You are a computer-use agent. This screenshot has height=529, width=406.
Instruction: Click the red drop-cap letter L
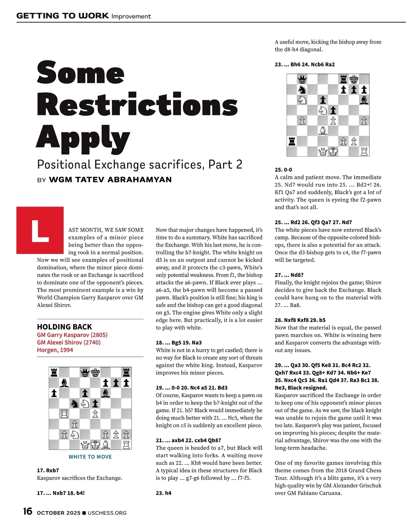point(40,230)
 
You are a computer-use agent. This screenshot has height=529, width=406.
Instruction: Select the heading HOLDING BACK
point(64,327)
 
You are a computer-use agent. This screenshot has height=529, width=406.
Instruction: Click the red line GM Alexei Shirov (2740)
point(69,342)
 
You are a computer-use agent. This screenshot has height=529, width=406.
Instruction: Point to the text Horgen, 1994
point(55,350)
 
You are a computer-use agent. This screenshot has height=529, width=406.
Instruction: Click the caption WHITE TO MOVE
point(90,457)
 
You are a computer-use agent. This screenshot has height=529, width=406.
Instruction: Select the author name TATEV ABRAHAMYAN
point(110,180)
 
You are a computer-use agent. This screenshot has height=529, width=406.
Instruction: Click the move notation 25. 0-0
point(283,169)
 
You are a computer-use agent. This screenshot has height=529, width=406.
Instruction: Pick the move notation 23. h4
point(163,493)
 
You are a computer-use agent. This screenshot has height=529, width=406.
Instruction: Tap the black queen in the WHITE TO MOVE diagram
point(85,373)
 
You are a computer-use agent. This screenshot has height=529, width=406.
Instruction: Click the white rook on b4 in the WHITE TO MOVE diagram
point(64,413)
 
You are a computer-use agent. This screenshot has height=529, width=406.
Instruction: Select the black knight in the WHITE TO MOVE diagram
point(75,403)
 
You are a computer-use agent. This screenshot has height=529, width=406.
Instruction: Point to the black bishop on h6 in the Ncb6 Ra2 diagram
point(364,100)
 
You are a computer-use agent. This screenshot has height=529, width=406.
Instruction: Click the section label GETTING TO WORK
point(63,16)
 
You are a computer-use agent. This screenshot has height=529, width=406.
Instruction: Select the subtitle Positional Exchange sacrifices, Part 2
point(139,164)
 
